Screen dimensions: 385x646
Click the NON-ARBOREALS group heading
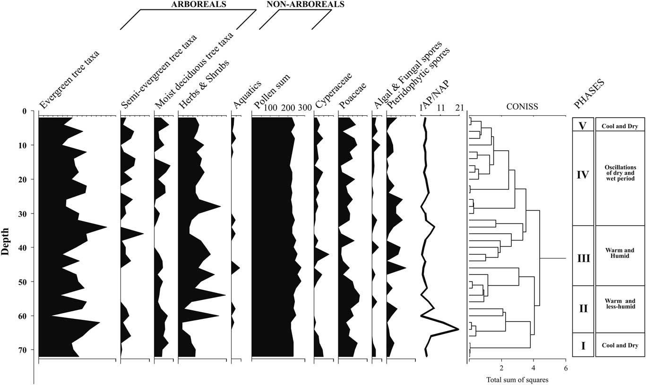[x=299, y=4]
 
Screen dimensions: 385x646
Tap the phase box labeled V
[x=583, y=126]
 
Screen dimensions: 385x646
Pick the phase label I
[x=583, y=346]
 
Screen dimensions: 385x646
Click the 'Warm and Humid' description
[x=620, y=253]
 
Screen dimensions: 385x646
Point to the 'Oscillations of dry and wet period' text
[x=620, y=173]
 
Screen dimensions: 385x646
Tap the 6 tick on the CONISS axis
[x=565, y=368]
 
